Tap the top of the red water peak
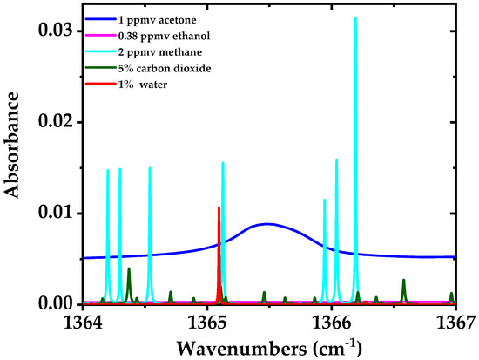[x=219, y=207]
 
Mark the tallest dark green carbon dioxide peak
[x=129, y=268]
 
